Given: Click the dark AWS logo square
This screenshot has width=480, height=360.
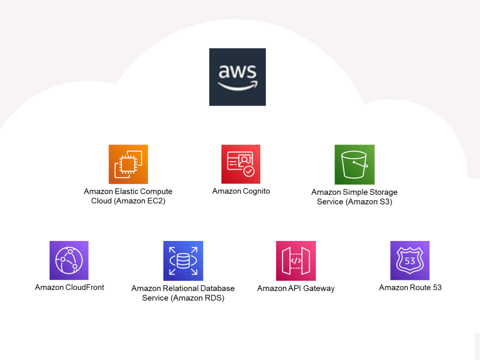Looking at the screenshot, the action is [x=238, y=77].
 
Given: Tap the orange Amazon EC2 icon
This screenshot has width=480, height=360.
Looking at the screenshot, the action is [x=128, y=164].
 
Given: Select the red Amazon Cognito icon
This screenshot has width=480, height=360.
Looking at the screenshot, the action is [x=241, y=164].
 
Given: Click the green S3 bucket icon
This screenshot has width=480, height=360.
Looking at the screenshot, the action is [x=355, y=165].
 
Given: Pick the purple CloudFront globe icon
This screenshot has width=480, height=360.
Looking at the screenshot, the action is [x=69, y=261].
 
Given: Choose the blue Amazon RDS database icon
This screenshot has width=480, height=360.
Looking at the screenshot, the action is [x=183, y=261].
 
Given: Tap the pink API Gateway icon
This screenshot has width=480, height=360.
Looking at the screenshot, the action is [x=296, y=261].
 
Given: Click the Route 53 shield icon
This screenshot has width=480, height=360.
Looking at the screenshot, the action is [x=410, y=261].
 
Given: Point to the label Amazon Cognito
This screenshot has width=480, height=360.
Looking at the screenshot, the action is [x=241, y=192].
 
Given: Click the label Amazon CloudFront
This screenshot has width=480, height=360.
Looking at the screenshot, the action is [x=70, y=287].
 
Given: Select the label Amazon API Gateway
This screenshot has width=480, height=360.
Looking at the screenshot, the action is [x=296, y=288].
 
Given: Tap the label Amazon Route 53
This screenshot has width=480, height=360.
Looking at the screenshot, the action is [x=410, y=288].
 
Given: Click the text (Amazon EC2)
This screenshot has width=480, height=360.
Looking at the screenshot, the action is [x=140, y=201].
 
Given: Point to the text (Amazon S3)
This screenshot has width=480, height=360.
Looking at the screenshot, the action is [x=369, y=202].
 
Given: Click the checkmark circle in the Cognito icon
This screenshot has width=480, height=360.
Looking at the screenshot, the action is [x=249, y=171].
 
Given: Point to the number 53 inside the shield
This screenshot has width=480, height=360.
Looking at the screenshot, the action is [x=410, y=261].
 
